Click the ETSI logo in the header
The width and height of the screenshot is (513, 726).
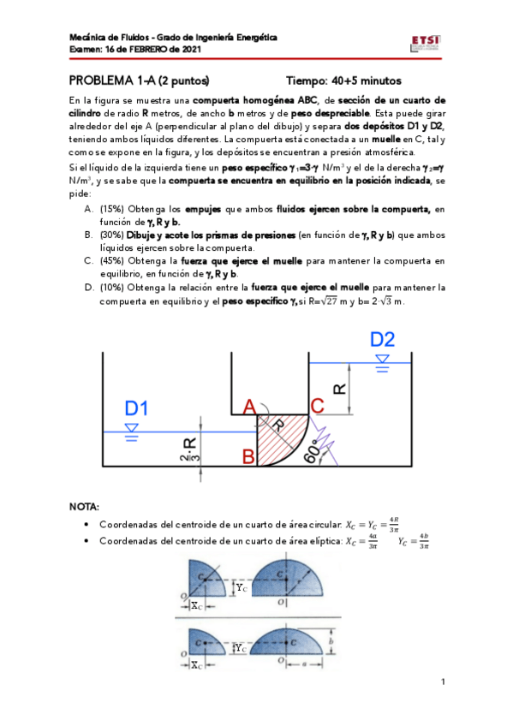point(426,43)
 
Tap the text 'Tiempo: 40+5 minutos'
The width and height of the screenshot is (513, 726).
point(343,80)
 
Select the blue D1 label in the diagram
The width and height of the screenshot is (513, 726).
point(136,408)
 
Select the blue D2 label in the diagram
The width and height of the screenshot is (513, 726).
point(383,340)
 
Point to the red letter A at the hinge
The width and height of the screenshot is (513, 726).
point(249,405)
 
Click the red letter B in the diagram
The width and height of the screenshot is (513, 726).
point(248,457)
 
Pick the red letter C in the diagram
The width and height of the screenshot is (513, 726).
point(316,405)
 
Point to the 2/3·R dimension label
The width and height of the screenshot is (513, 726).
point(190,449)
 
